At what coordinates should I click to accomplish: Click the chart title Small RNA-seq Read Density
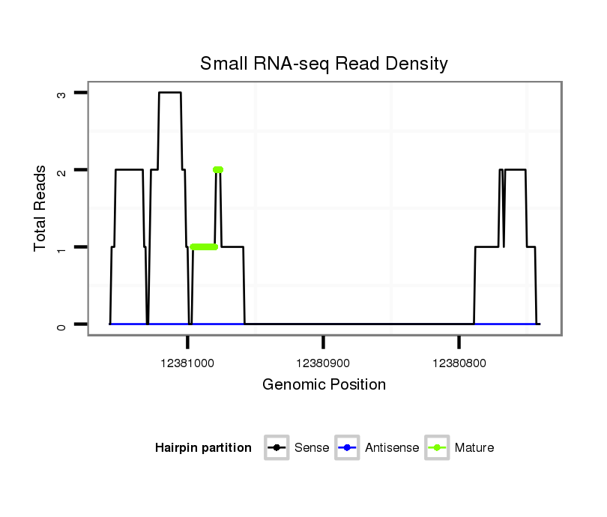tap(324, 64)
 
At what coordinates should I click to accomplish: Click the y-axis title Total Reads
tap(40, 208)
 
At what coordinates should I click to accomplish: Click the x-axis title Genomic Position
tap(324, 385)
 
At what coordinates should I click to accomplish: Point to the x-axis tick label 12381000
tap(187, 363)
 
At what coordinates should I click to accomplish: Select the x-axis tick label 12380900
tap(323, 363)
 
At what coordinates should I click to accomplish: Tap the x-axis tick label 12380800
tap(459, 363)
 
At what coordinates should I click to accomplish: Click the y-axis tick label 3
tap(61, 93)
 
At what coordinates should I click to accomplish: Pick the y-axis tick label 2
tap(61, 170)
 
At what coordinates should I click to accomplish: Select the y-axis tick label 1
tap(61, 247)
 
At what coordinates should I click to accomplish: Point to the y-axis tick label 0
tap(61, 324)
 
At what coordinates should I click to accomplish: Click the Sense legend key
tap(277, 448)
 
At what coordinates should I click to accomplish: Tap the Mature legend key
tap(437, 448)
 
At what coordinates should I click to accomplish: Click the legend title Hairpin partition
tap(203, 448)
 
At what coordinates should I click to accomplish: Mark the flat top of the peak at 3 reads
tap(170, 93)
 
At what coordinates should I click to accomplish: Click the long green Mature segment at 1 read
tap(204, 247)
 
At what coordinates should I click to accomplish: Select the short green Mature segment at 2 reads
tap(218, 169)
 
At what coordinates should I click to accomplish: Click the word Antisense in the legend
tap(392, 448)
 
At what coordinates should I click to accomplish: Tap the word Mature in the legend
tap(474, 448)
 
